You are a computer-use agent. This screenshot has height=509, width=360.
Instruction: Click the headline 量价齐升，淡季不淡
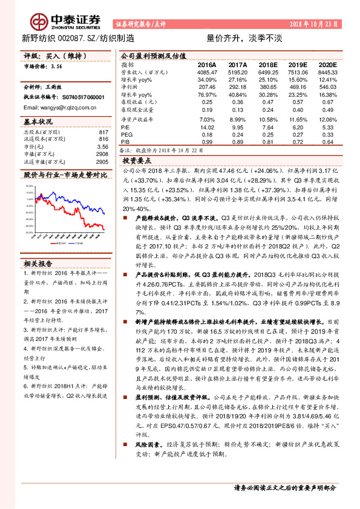tap(237, 37)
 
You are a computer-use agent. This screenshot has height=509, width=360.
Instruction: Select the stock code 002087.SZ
tap(78, 37)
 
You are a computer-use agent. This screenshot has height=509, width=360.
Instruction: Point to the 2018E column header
tap(268, 64)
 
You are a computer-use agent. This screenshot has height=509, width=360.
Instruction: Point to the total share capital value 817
tap(103, 132)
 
